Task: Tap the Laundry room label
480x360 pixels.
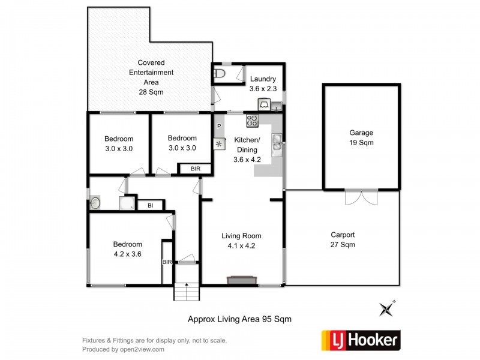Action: tap(263, 83)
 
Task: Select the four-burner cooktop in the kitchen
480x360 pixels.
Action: tap(251, 121)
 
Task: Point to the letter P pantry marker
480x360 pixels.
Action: tap(219, 127)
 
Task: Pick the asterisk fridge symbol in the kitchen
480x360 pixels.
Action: tap(218, 144)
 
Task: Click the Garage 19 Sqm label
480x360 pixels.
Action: tap(361, 137)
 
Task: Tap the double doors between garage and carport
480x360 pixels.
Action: tap(362, 197)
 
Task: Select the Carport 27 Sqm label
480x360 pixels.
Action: tap(343, 240)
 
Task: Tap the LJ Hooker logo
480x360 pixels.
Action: tap(361, 340)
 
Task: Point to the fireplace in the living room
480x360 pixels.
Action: tap(242, 280)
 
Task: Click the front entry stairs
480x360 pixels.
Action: tap(186, 292)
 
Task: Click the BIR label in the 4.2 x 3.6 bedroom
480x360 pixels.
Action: tap(167, 262)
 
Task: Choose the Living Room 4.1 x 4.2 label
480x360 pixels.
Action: tap(241, 240)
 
